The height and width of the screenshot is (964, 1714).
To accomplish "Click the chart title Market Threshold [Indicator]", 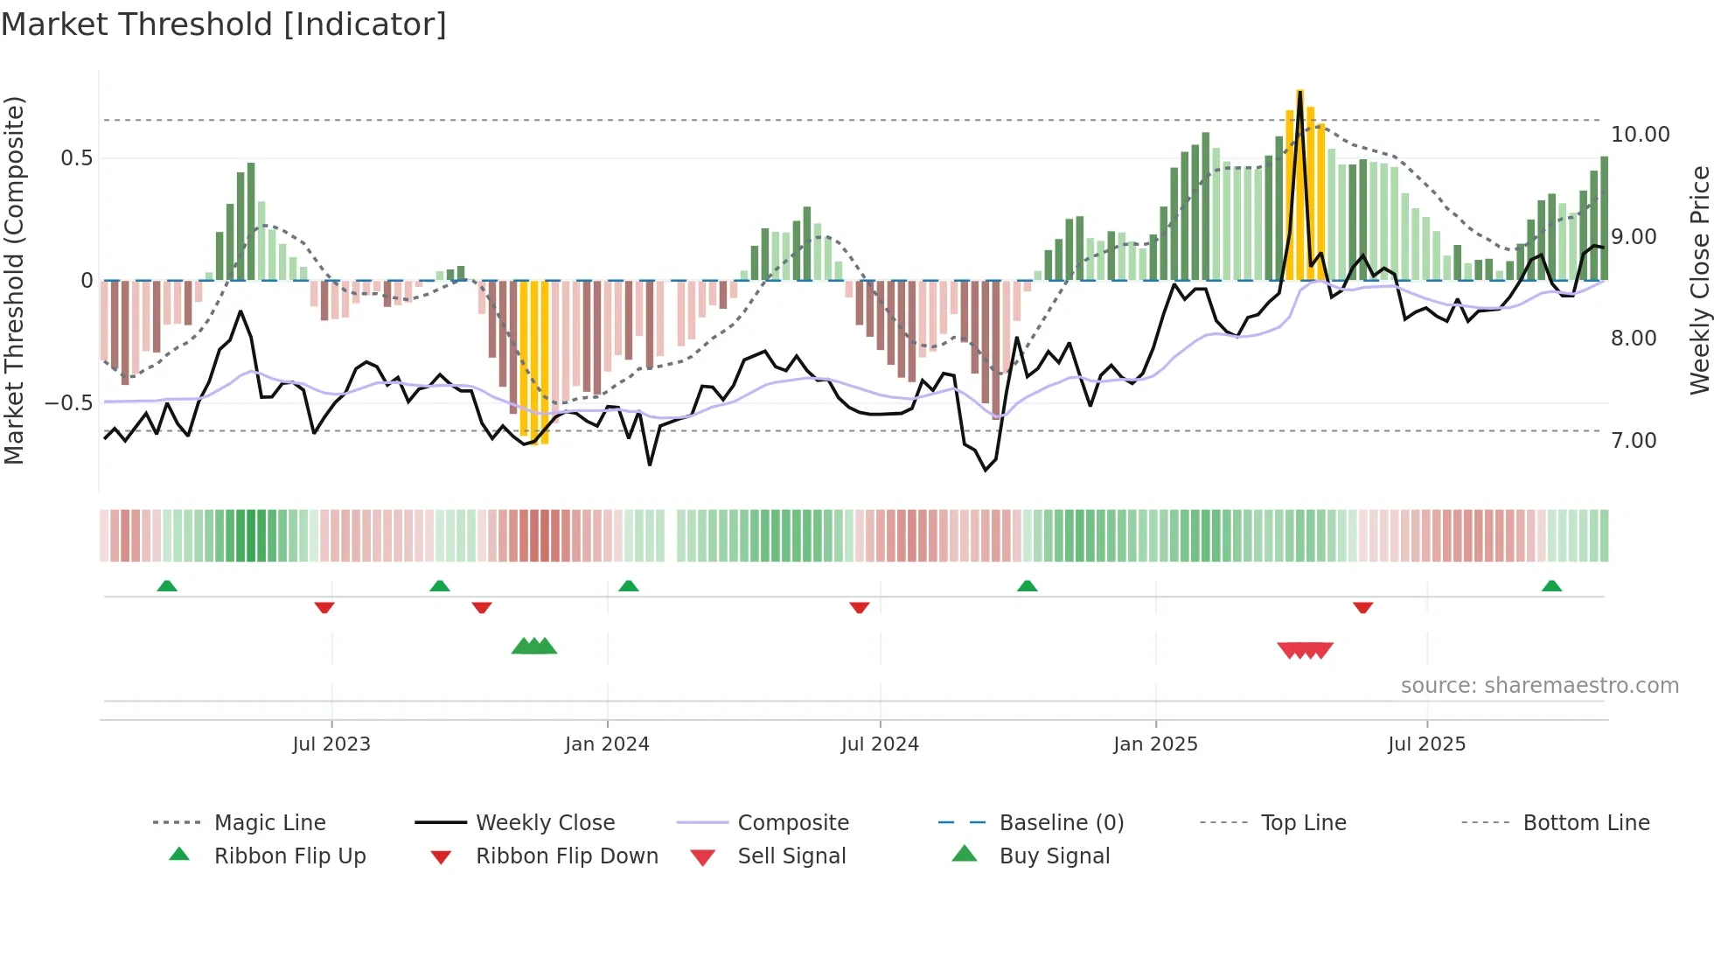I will click(x=224, y=24).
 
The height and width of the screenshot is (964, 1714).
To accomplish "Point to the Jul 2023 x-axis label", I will click(x=331, y=744).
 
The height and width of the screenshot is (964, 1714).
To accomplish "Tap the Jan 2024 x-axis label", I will click(x=607, y=744).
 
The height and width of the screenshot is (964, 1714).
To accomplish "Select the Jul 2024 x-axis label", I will click(x=880, y=744).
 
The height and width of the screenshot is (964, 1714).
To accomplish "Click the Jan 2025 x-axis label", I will click(x=1155, y=744).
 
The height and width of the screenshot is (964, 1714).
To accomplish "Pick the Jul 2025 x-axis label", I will click(x=1426, y=744).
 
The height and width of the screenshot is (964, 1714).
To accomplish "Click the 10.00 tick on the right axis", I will click(x=1640, y=135).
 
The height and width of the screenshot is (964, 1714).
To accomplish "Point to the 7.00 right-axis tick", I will click(x=1634, y=441).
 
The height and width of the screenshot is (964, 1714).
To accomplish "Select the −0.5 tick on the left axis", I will click(x=69, y=403).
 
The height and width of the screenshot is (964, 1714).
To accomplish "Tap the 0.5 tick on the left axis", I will click(x=77, y=158).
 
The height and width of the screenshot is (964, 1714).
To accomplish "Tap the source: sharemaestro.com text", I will click(x=1539, y=686).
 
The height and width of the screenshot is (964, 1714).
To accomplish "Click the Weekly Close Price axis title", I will click(x=1699, y=280).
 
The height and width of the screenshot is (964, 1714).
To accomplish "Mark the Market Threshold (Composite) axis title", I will click(x=14, y=280).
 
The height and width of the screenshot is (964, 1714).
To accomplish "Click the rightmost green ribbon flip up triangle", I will click(x=1551, y=586).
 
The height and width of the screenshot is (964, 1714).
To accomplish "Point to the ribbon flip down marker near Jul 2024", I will click(x=860, y=607).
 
